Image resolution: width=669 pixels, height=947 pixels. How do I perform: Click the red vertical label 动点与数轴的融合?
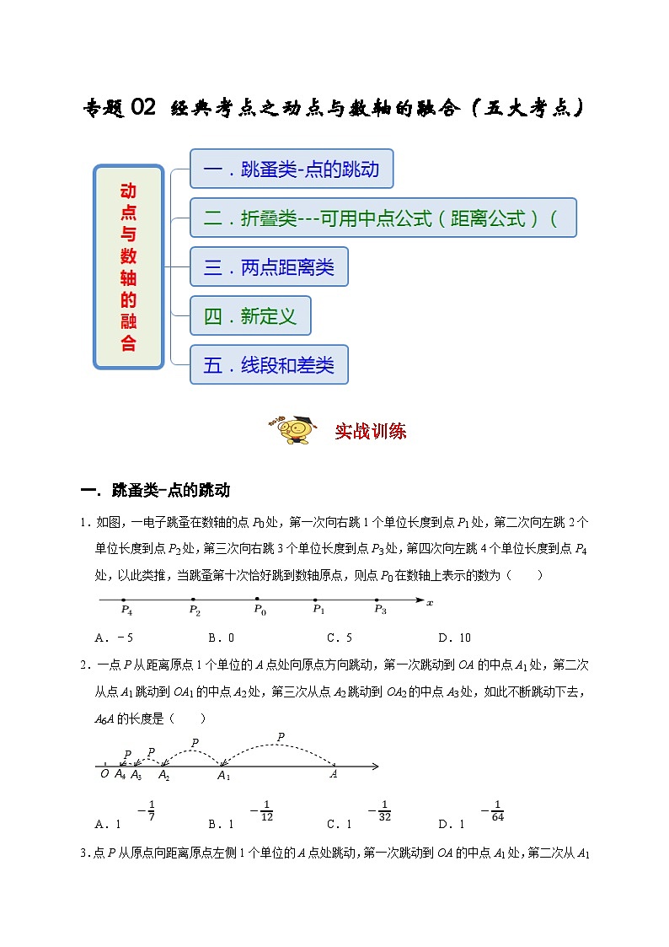[128, 266]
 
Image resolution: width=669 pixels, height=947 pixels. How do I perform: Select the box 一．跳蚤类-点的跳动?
[292, 169]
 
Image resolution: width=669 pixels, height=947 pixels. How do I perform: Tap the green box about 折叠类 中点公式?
[383, 218]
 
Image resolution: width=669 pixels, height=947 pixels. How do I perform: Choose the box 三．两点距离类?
[269, 267]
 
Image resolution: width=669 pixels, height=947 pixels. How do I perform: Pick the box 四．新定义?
[250, 316]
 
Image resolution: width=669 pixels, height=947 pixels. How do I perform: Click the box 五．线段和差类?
[269, 365]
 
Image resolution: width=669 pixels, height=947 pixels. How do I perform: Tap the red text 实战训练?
[371, 431]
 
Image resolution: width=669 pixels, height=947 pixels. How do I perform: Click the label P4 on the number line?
[126, 610]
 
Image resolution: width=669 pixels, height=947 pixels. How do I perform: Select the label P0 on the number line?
[260, 610]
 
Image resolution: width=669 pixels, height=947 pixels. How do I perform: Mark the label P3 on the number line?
[380, 610]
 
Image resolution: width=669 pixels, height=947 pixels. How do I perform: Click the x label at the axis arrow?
[430, 603]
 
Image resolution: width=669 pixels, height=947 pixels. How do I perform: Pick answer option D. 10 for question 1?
[455, 638]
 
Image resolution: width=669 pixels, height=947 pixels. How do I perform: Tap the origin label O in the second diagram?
[104, 774]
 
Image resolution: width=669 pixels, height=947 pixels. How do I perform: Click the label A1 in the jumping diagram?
[223, 776]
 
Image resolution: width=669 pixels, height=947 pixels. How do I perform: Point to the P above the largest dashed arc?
[281, 737]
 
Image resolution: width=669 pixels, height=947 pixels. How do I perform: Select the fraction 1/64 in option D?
[497, 810]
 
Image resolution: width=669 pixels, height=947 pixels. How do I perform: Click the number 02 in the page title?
[143, 108]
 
